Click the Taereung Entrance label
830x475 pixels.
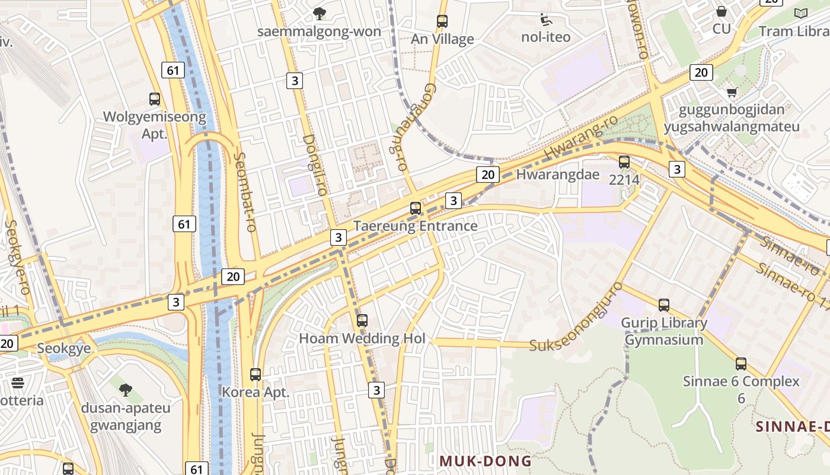[x=415, y=226]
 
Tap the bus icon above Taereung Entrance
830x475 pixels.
[x=416, y=208]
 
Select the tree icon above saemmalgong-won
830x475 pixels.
[x=320, y=13]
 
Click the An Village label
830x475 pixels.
[x=442, y=39]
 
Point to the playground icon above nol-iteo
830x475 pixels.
[x=545, y=20]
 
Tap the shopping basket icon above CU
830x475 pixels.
[x=722, y=11]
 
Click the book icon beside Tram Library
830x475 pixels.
[x=800, y=13]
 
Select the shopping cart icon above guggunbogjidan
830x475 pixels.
[x=732, y=92]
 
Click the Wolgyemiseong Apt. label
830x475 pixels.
[x=155, y=125]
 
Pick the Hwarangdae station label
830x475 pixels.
[x=558, y=175]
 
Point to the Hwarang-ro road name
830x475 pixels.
[x=581, y=138]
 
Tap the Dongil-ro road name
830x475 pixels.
[x=315, y=165]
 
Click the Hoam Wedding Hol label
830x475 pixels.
[x=362, y=338]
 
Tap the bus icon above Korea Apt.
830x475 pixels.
[x=256, y=375]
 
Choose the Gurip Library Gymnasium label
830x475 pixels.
[x=664, y=331]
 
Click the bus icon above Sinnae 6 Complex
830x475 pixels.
[x=741, y=364]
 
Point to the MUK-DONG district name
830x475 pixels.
[x=485, y=461]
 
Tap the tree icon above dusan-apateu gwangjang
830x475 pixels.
[x=125, y=390]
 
